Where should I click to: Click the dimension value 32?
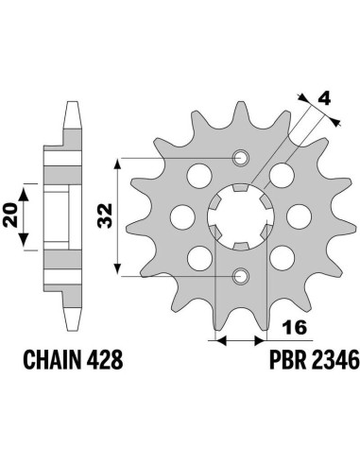(105, 216)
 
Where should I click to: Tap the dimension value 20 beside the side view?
(10, 215)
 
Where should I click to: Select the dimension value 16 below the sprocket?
(295, 328)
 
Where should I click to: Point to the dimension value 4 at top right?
(324, 99)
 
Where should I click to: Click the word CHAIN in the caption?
(52, 360)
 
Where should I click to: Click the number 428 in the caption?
(105, 360)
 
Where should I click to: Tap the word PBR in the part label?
(287, 360)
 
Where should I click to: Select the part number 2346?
(335, 360)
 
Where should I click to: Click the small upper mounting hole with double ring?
(241, 157)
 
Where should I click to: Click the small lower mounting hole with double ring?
(241, 276)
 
